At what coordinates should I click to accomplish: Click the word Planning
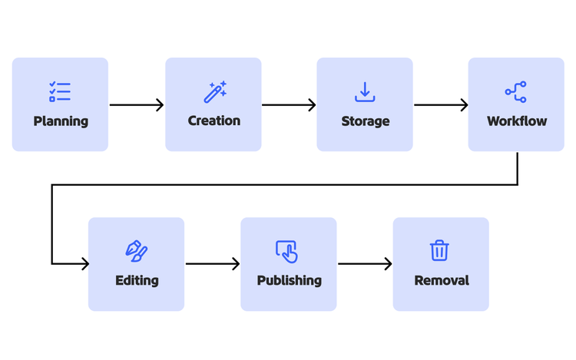point(60,121)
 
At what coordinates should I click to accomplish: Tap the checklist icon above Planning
point(60,92)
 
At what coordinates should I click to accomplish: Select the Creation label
point(214,121)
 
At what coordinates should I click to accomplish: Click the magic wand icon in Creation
point(214,92)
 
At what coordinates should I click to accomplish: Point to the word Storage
point(365,121)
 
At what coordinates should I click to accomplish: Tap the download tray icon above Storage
point(365,92)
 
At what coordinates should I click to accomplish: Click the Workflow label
point(516,121)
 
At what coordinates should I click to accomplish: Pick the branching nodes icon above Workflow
point(515,92)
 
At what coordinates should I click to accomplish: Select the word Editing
point(137,280)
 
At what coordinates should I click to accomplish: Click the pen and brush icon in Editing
point(136,251)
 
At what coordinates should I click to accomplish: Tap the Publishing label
point(289,280)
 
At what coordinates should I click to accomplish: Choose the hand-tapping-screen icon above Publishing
point(286,251)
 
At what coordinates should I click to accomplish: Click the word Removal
point(441,280)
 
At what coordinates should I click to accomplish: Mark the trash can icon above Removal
point(439,250)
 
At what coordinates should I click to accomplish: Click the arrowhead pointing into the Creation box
point(160,105)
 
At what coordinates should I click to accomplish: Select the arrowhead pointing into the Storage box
point(312,105)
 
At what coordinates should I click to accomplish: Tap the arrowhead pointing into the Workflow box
point(464,105)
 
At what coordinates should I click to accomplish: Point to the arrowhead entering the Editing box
point(84,264)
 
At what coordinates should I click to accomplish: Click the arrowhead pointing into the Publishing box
point(235,264)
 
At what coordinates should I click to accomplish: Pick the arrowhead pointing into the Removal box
point(388,264)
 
